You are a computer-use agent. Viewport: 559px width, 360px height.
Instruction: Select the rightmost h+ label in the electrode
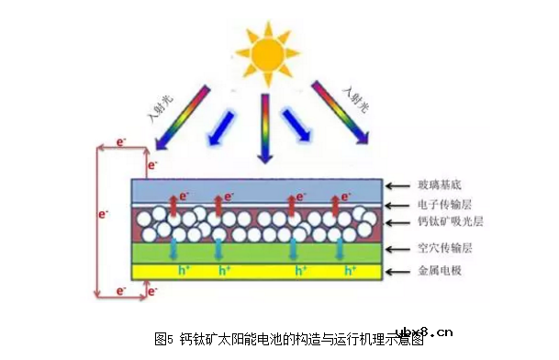(350, 272)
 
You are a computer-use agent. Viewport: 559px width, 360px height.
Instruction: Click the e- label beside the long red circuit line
(103, 212)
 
